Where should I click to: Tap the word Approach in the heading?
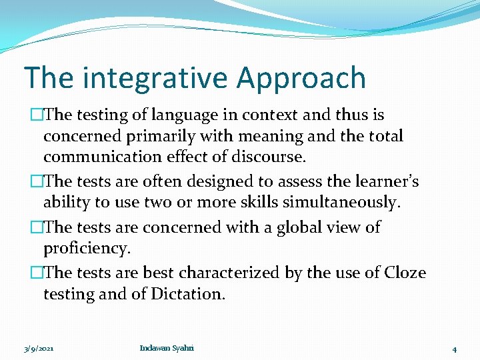click(301, 78)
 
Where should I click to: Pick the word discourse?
click(267, 158)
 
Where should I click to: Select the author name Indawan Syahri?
click(167, 348)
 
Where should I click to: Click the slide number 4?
click(454, 349)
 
